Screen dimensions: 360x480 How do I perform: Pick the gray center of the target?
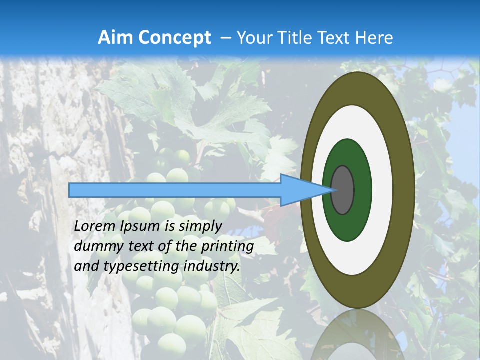343,190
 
